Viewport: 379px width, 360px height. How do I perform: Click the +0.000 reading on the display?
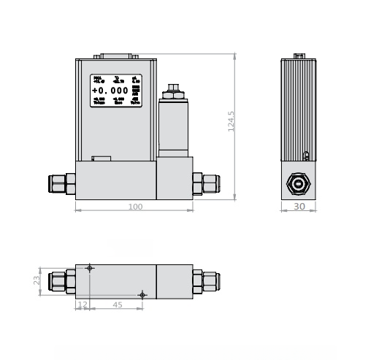coord(110,91)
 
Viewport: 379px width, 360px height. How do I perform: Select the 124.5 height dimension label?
coord(231,120)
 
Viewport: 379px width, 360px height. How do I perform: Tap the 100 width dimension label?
coord(135,207)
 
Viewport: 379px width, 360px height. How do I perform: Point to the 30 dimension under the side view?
coord(299,207)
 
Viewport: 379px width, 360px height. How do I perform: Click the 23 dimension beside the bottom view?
coord(37,280)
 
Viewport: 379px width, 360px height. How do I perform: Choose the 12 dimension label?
coord(83,305)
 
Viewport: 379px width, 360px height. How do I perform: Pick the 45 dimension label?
coord(117,305)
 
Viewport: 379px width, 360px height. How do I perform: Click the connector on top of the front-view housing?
coord(116,55)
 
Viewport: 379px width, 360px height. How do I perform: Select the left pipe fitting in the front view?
coord(61,183)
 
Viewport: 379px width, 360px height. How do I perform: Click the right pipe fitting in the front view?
coord(206,183)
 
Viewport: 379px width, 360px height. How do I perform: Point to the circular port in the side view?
coord(299,183)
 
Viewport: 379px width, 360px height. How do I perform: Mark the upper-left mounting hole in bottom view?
coord(90,268)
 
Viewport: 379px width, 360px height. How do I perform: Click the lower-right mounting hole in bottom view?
coord(142,295)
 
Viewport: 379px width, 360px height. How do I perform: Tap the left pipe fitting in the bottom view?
coord(61,281)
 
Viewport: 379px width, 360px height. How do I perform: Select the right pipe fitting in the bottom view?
coord(206,281)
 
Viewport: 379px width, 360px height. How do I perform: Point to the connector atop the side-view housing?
coord(299,55)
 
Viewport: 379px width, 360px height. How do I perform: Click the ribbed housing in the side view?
coord(299,110)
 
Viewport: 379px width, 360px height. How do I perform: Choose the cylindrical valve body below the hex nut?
coord(173,128)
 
